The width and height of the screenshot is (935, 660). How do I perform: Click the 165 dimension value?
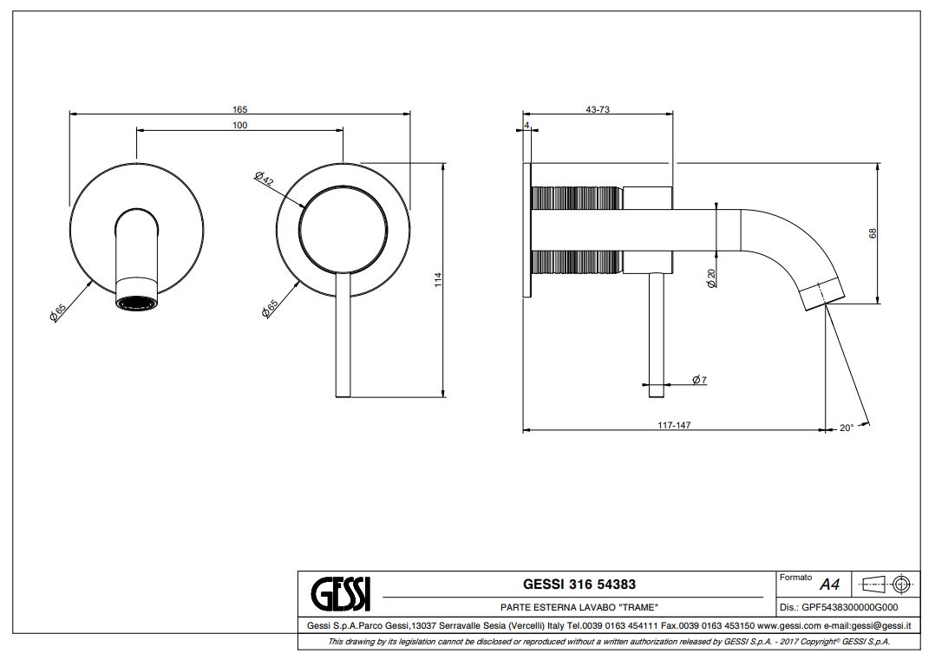pos(239,109)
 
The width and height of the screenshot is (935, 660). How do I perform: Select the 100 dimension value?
pos(239,126)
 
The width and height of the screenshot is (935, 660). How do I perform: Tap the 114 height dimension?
pos(438,280)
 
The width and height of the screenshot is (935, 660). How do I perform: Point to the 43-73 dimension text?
pos(598,109)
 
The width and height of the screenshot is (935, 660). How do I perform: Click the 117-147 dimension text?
pos(674,425)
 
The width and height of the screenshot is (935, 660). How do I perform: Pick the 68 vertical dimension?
pos(873,232)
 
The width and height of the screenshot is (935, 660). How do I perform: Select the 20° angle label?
pos(847,428)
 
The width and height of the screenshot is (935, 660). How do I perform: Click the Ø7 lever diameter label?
pos(700,381)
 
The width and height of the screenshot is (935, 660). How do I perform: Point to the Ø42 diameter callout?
pos(265,180)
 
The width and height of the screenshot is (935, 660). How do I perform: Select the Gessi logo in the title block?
pos(341,593)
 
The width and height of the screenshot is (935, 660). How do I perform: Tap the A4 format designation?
pos(829,585)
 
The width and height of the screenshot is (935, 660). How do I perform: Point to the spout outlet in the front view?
pos(136,304)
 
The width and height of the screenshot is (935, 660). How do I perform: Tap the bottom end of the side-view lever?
pos(657,395)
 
